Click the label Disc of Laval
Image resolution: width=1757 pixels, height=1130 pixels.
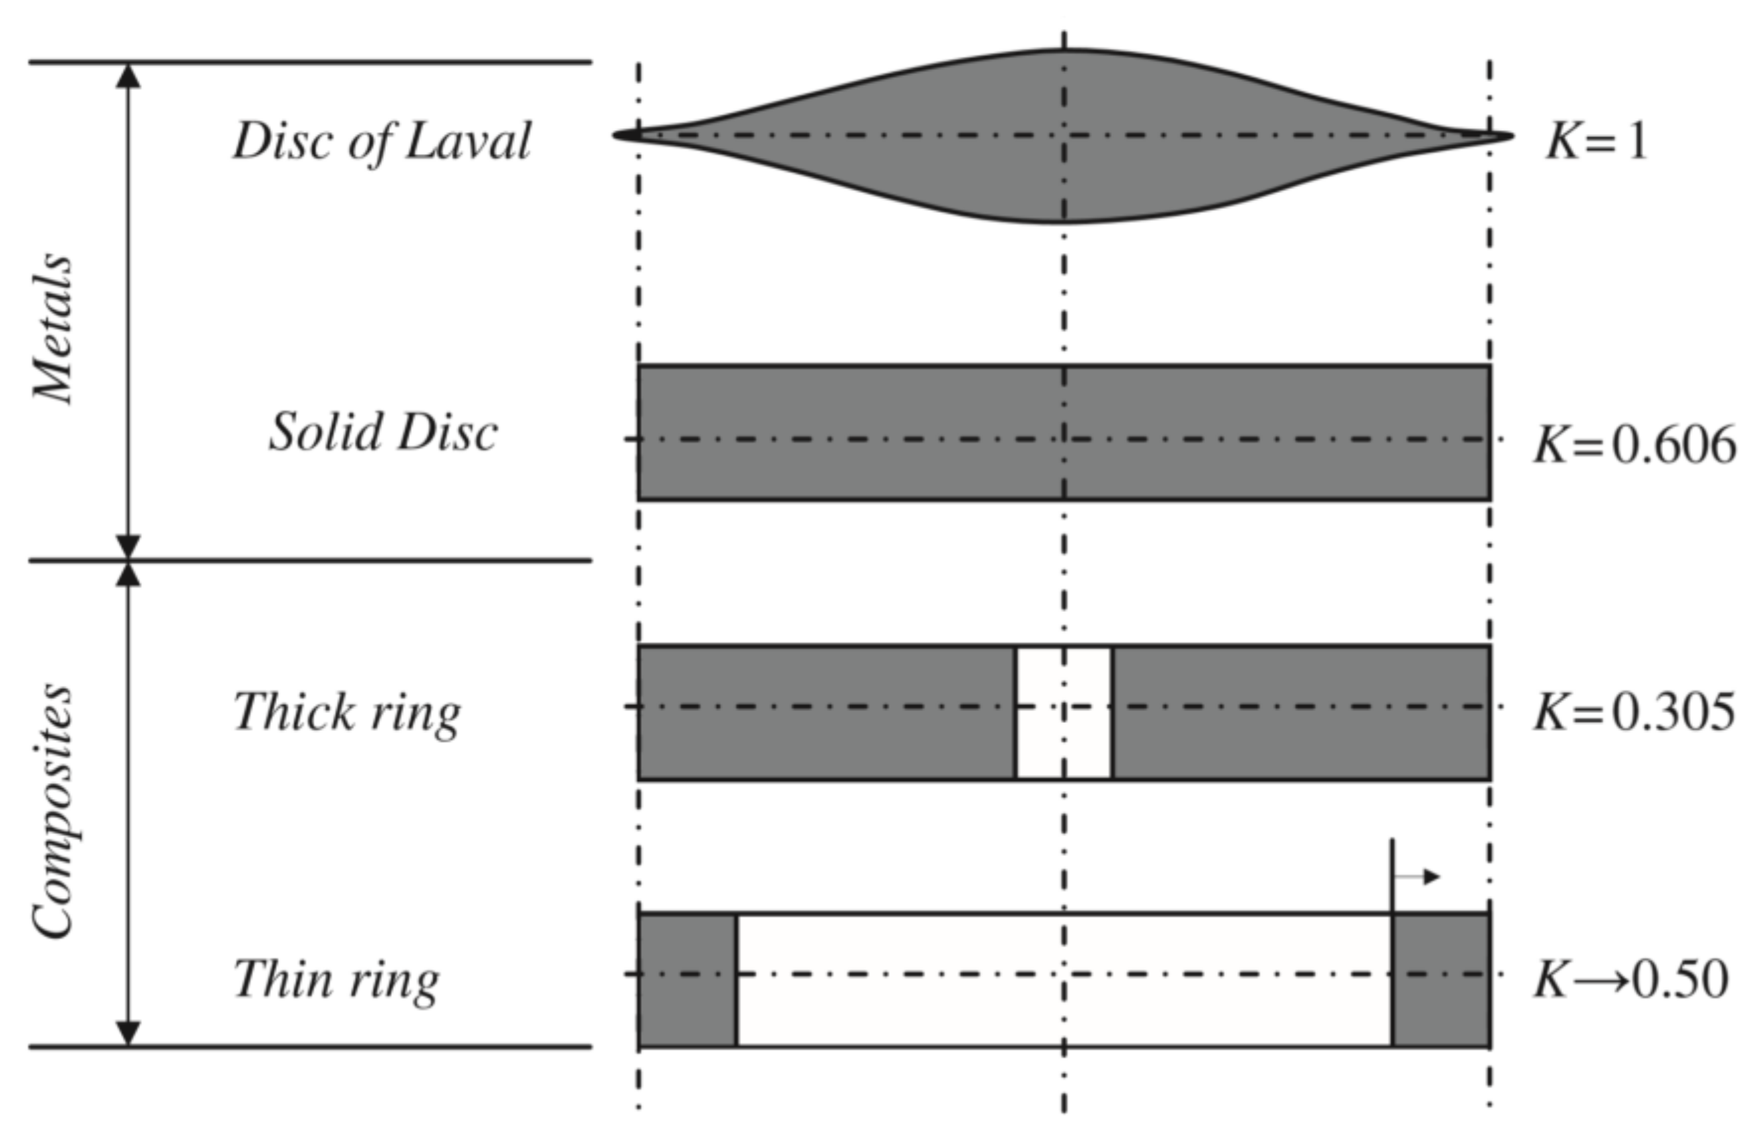click(x=381, y=141)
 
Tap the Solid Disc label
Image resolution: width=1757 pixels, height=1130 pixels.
click(x=383, y=432)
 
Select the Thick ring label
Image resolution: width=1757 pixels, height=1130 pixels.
click(x=346, y=712)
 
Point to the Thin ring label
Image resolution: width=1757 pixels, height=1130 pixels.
click(x=336, y=980)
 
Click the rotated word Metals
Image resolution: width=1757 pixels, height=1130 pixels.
click(x=53, y=328)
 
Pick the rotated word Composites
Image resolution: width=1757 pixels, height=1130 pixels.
click(x=53, y=811)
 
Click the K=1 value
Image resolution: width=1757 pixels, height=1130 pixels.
click(x=1597, y=140)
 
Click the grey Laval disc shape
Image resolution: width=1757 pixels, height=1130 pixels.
click(x=954, y=135)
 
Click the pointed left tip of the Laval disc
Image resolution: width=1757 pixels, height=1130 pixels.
click(x=618, y=135)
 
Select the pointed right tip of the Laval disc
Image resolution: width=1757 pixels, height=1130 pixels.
click(x=1508, y=135)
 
